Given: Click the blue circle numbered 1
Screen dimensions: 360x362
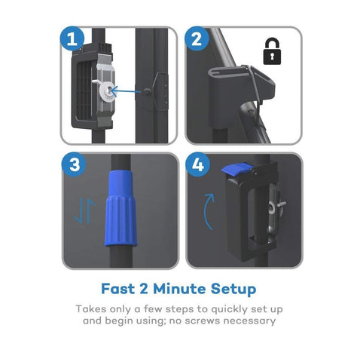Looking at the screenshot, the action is (x=72, y=38).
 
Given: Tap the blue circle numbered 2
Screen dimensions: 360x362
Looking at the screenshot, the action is (x=197, y=38).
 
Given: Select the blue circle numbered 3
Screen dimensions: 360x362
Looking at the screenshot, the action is (x=74, y=164).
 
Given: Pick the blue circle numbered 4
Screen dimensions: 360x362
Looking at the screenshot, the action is (x=198, y=164).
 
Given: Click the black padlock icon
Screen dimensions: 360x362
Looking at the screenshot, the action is (x=272, y=51).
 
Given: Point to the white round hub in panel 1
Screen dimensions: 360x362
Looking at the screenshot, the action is (x=108, y=92).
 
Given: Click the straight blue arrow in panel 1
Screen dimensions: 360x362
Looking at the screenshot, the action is (x=126, y=91).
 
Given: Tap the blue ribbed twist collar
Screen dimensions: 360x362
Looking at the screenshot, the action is (x=121, y=209).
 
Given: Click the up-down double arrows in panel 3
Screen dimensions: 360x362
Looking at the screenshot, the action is (x=84, y=211).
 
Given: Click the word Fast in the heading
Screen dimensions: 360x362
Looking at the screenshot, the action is (x=118, y=289).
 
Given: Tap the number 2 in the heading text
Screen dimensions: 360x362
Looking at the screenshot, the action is (x=144, y=289).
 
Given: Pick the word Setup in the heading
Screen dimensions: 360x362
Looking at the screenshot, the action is (x=233, y=289).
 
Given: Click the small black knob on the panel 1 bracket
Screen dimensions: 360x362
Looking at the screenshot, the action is (x=147, y=92).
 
